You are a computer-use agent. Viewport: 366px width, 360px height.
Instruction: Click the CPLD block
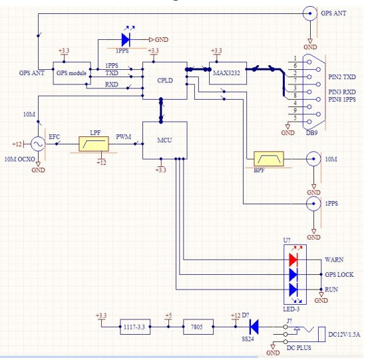point(165,81)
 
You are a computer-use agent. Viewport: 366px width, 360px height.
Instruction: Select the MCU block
point(165,140)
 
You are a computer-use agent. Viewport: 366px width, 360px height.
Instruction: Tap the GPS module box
point(72,73)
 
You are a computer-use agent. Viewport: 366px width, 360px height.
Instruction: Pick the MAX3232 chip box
point(228,73)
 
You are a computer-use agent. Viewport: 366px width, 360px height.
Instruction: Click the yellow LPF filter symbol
point(94,144)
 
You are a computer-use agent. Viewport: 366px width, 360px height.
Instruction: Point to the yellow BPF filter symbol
point(269,159)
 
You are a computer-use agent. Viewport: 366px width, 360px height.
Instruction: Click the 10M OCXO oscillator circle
point(38,144)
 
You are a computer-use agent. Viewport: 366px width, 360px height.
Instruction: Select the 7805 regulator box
point(198,327)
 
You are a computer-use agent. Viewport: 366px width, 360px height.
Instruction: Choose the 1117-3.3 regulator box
point(135,327)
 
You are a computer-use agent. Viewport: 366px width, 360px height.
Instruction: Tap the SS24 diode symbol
point(254,327)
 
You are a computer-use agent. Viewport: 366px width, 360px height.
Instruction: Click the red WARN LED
point(293,260)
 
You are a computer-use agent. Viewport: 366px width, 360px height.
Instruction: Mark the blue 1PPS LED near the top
point(126,40)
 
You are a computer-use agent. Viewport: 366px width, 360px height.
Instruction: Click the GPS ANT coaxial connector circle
point(310,13)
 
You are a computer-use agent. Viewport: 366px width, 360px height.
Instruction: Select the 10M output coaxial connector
point(313,159)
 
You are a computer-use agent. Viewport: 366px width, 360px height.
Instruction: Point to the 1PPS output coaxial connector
point(313,204)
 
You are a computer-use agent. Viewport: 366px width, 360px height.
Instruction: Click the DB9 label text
point(311,133)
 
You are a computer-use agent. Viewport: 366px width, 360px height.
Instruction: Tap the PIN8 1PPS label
point(342,99)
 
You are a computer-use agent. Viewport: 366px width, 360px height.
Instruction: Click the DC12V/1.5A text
point(344,334)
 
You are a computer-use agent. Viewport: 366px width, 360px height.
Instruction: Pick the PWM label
point(124,137)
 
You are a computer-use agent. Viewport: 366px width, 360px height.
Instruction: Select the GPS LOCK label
point(339,275)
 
